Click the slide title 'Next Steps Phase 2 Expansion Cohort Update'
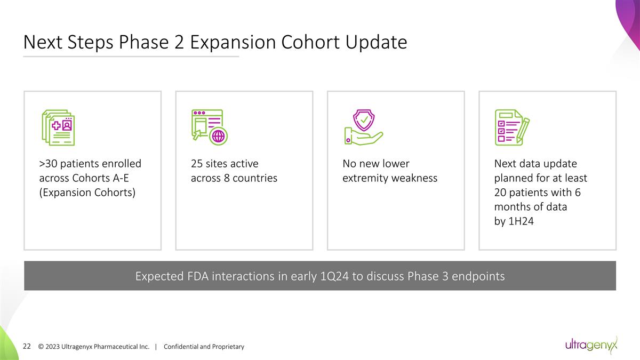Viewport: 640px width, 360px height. pyautogui.click(x=215, y=42)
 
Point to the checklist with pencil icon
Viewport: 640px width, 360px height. pyautogui.click(x=512, y=127)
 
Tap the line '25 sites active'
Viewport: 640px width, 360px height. pyautogui.click(x=225, y=163)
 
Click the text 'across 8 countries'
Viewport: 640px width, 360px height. pyautogui.click(x=234, y=178)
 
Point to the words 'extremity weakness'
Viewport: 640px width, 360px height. pyautogui.click(x=389, y=178)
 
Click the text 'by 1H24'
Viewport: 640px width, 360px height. pyautogui.click(x=514, y=221)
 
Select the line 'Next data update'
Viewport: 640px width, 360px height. pyautogui.click(x=535, y=163)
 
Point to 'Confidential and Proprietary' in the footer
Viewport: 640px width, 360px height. pyautogui.click(x=204, y=347)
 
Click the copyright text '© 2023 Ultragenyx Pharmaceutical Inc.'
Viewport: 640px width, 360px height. pyautogui.click(x=93, y=347)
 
